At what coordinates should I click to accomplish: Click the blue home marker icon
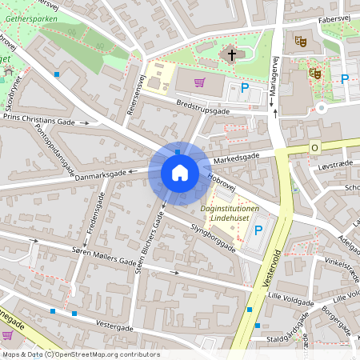click(x=179, y=172)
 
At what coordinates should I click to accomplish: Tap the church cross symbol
click(x=233, y=55)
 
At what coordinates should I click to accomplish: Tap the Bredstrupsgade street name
click(x=203, y=108)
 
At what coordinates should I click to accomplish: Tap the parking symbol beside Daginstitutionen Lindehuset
click(x=258, y=231)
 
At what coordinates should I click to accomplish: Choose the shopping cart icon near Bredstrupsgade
click(x=198, y=82)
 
